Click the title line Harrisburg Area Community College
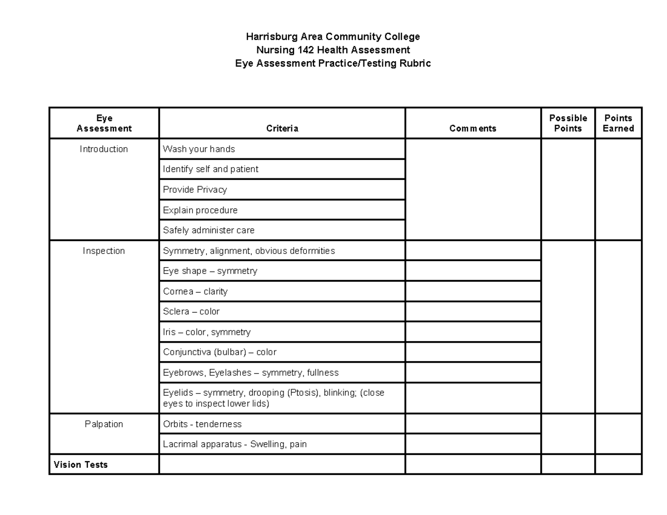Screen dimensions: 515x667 (333, 37)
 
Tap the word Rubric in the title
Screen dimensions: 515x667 (416, 63)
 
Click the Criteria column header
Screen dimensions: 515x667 (282, 128)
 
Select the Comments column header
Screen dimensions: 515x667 (472, 128)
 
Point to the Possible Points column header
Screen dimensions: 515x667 (568, 123)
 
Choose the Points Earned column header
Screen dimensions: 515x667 (618, 123)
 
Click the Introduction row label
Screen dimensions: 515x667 (104, 149)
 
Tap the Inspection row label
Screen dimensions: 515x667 (104, 251)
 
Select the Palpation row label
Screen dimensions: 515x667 (104, 424)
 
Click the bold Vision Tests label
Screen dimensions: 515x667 (81, 464)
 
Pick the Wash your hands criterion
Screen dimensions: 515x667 (199, 149)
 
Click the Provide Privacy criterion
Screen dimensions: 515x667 (195, 189)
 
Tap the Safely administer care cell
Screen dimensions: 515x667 (208, 230)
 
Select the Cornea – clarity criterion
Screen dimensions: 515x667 (195, 291)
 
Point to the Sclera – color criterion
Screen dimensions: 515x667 (191, 312)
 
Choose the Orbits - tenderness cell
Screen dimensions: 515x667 (202, 424)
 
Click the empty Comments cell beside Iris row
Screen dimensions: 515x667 (472, 332)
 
